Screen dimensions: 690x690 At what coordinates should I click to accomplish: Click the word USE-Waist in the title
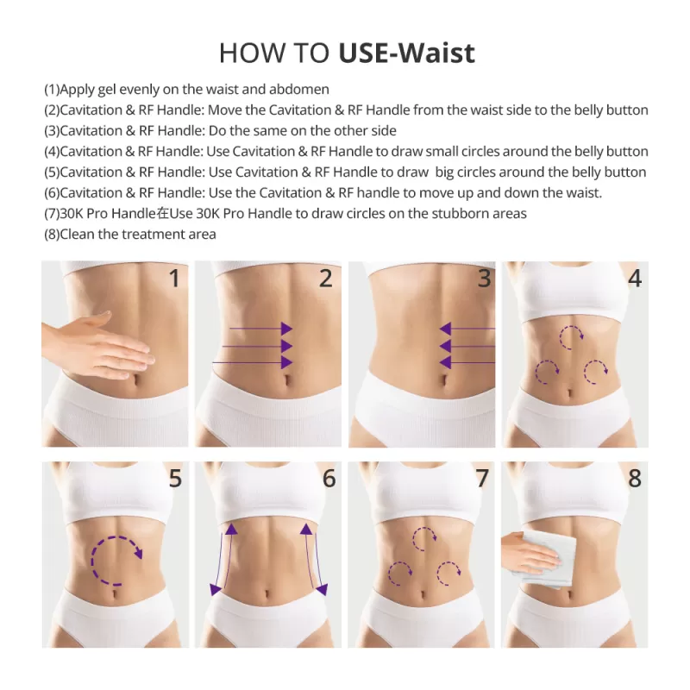[x=406, y=53]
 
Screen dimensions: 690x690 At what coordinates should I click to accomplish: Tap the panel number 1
[x=174, y=279]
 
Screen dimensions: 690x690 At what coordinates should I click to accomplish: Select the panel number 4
[x=634, y=279]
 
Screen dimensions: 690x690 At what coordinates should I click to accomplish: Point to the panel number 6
[x=329, y=479]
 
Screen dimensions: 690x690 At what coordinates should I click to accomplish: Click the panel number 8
[x=634, y=479]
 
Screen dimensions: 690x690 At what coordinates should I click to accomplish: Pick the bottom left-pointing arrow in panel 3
[x=466, y=362]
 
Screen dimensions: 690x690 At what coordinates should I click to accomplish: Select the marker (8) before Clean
[x=52, y=235]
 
